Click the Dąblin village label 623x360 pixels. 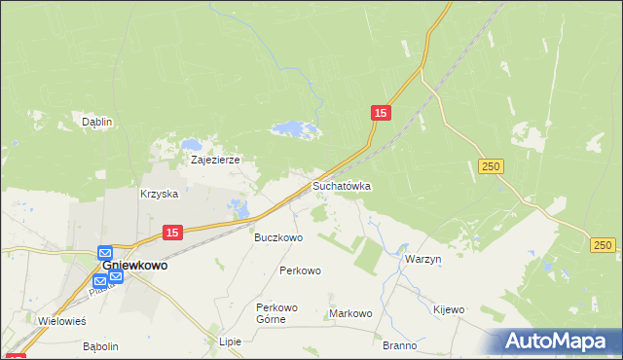coord(97,122)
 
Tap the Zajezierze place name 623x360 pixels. coord(215,159)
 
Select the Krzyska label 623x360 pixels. coord(159,194)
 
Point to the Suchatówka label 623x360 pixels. coord(342,185)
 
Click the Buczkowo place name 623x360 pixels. coord(278,237)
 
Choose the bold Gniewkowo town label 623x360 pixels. coord(134,265)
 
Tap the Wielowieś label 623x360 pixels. coord(62,320)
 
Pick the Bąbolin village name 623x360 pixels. coord(100,346)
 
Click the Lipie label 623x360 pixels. coord(230,342)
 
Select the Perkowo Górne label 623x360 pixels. coord(276,313)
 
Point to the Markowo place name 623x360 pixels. coord(351,313)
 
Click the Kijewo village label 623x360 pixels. coord(449,309)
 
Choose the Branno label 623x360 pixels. coord(400,345)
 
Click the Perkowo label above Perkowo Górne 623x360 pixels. coord(300,270)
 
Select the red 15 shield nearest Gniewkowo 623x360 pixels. coord(171,232)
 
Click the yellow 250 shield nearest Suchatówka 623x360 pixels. coord(491,167)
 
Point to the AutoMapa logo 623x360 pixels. coord(559,342)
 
